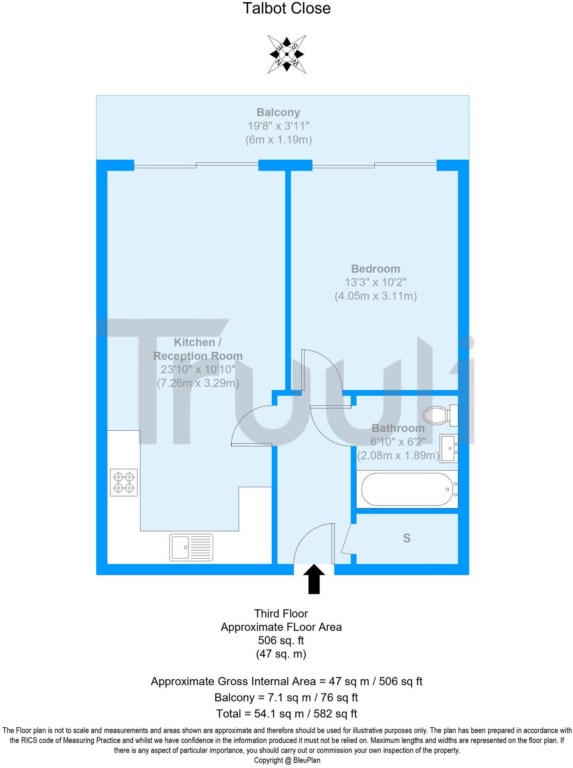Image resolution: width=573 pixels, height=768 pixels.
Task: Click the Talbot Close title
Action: pyautogui.click(x=286, y=8)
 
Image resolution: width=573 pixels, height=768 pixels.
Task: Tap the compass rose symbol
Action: pyautogui.click(x=287, y=54)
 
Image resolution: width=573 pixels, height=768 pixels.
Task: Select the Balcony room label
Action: pyautogui.click(x=278, y=113)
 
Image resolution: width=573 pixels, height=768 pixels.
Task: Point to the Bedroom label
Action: pyautogui.click(x=376, y=269)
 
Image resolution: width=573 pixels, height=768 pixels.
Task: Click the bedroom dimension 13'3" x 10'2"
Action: pyautogui.click(x=376, y=282)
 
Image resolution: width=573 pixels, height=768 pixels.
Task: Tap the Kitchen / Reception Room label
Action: pyautogui.click(x=198, y=349)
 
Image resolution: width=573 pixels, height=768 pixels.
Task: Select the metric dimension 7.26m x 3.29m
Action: pyautogui.click(x=198, y=383)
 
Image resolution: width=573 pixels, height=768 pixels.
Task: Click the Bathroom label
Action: pyautogui.click(x=398, y=428)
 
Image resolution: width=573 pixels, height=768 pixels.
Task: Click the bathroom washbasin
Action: pyautogui.click(x=449, y=449)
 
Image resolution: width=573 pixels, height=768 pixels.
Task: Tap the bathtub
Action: pyautogui.click(x=407, y=489)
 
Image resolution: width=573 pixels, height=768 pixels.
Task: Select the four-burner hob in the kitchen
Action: pyautogui.click(x=124, y=483)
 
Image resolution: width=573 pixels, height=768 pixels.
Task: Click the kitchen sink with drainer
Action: pyautogui.click(x=191, y=548)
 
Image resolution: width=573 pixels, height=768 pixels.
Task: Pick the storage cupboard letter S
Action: pyautogui.click(x=407, y=539)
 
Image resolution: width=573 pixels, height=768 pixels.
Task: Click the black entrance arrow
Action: pyautogui.click(x=314, y=579)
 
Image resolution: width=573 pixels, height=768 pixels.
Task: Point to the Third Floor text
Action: pyautogui.click(x=281, y=614)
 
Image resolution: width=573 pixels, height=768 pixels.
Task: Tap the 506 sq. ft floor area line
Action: pyautogui.click(x=281, y=641)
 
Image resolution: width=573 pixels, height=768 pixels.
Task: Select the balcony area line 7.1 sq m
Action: pyautogui.click(x=286, y=697)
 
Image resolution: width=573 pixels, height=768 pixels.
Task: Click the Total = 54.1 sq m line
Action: pyautogui.click(x=286, y=714)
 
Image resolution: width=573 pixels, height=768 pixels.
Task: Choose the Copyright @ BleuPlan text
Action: pyautogui.click(x=287, y=760)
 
